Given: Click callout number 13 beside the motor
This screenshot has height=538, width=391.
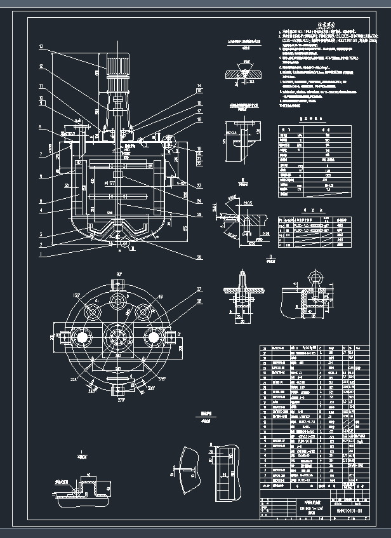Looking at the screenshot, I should point(40,47).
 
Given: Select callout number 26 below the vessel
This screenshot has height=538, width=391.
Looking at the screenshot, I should point(183,257).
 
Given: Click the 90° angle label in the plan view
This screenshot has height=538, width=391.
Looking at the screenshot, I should point(118,274).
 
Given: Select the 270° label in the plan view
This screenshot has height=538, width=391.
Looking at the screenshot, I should point(119,400).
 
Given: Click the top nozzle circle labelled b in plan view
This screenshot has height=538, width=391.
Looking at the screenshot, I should point(118,300).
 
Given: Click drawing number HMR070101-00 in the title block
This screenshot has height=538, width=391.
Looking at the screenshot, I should point(351,510).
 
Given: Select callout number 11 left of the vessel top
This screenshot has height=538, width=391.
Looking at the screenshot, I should point(40,86).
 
